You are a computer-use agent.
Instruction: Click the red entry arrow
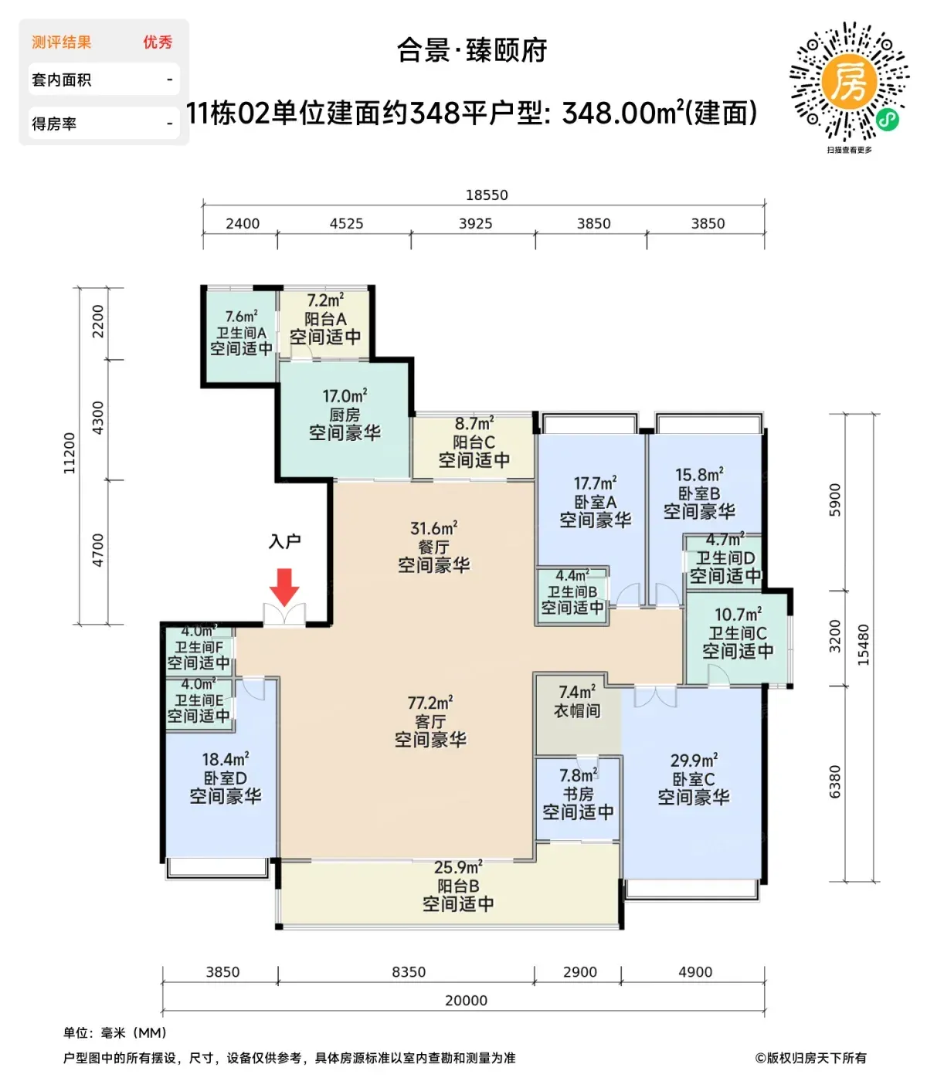pos(284,587)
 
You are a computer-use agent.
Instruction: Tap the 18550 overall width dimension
pos(486,195)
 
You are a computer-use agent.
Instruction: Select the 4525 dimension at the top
pos(346,223)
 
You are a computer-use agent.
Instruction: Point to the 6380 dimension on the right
pos(834,782)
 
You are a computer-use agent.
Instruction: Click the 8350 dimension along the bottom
pos(409,971)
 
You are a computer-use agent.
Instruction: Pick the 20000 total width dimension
pos(466,1000)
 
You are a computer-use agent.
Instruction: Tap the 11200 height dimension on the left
pos(70,452)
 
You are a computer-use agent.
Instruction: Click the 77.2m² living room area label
pos(430,703)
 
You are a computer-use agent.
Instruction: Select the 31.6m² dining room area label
pos(433,528)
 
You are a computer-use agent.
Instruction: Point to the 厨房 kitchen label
pos(344,415)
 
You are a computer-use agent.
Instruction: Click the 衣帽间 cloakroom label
pos(576,710)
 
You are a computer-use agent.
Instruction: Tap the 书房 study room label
pos(578,794)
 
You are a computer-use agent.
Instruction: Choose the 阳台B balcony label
pos(458,886)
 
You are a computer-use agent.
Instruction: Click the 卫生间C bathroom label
pos(737,633)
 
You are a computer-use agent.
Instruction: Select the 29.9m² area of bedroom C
pos(694,761)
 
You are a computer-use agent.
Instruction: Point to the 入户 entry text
pos(284,541)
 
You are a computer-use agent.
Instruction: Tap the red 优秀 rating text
pos(158,42)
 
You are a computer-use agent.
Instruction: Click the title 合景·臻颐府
pos(472,51)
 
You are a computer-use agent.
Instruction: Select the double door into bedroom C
pos(655,696)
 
